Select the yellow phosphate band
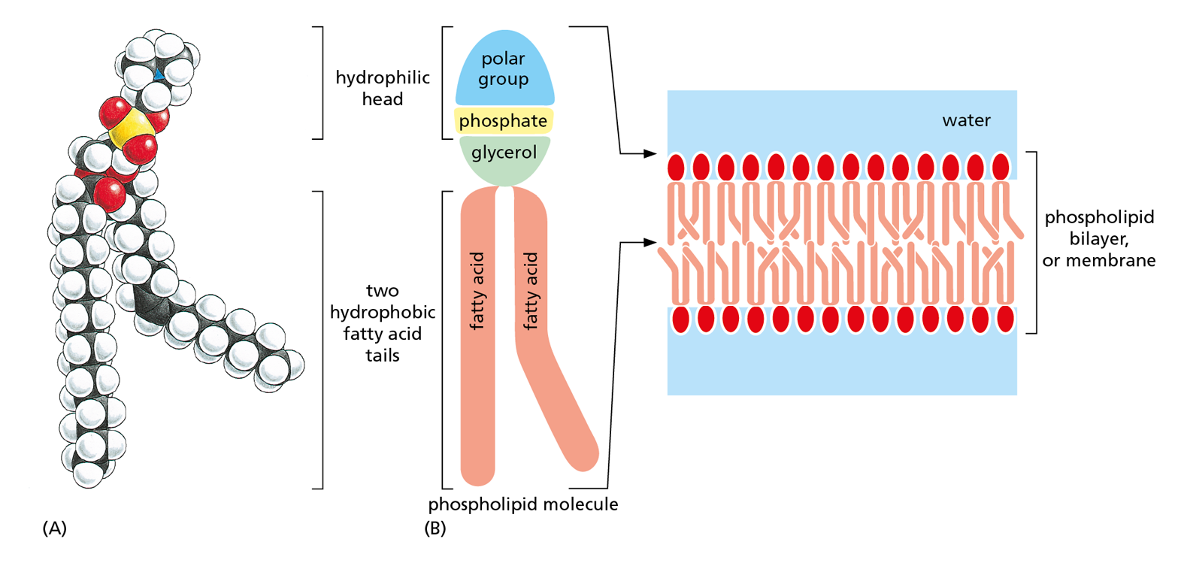coord(503,121)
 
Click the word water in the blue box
coord(966,120)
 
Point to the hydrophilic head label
coord(382,88)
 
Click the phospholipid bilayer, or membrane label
coord(1098,239)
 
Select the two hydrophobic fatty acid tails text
coord(382,322)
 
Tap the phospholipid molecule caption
coord(522,504)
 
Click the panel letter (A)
coord(54,528)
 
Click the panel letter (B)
coord(435,528)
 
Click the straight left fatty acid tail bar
coord(477,338)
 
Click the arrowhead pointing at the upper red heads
coord(650,153)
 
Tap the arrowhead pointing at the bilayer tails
coord(650,243)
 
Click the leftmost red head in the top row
coord(676,167)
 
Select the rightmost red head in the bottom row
coord(1005,319)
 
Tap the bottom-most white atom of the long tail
coord(89,475)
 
